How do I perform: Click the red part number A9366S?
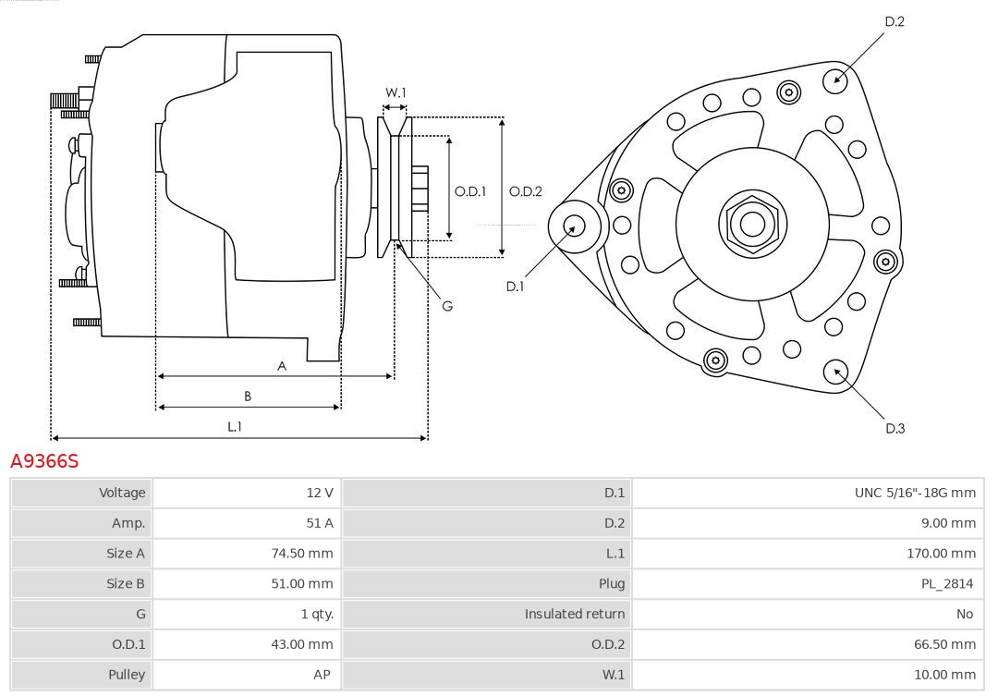click(x=44, y=460)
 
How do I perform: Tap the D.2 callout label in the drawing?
click(x=895, y=21)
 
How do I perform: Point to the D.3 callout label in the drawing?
click(x=895, y=428)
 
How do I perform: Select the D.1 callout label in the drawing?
click(x=515, y=287)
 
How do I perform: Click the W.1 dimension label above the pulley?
click(x=396, y=92)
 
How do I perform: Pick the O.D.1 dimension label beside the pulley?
click(x=470, y=191)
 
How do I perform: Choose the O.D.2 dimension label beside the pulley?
click(x=526, y=191)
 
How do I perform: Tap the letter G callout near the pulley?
click(x=447, y=306)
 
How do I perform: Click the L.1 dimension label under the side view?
click(x=235, y=426)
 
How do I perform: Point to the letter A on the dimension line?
click(x=282, y=366)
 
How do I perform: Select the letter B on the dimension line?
click(x=248, y=397)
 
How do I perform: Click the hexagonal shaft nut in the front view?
click(x=752, y=223)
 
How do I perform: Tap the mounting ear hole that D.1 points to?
click(x=574, y=226)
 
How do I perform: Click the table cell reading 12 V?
click(x=320, y=493)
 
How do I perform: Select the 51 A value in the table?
click(x=320, y=523)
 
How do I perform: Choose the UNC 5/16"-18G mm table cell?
click(x=914, y=493)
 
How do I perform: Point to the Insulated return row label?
click(x=575, y=614)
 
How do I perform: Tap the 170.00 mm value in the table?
click(x=941, y=554)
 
